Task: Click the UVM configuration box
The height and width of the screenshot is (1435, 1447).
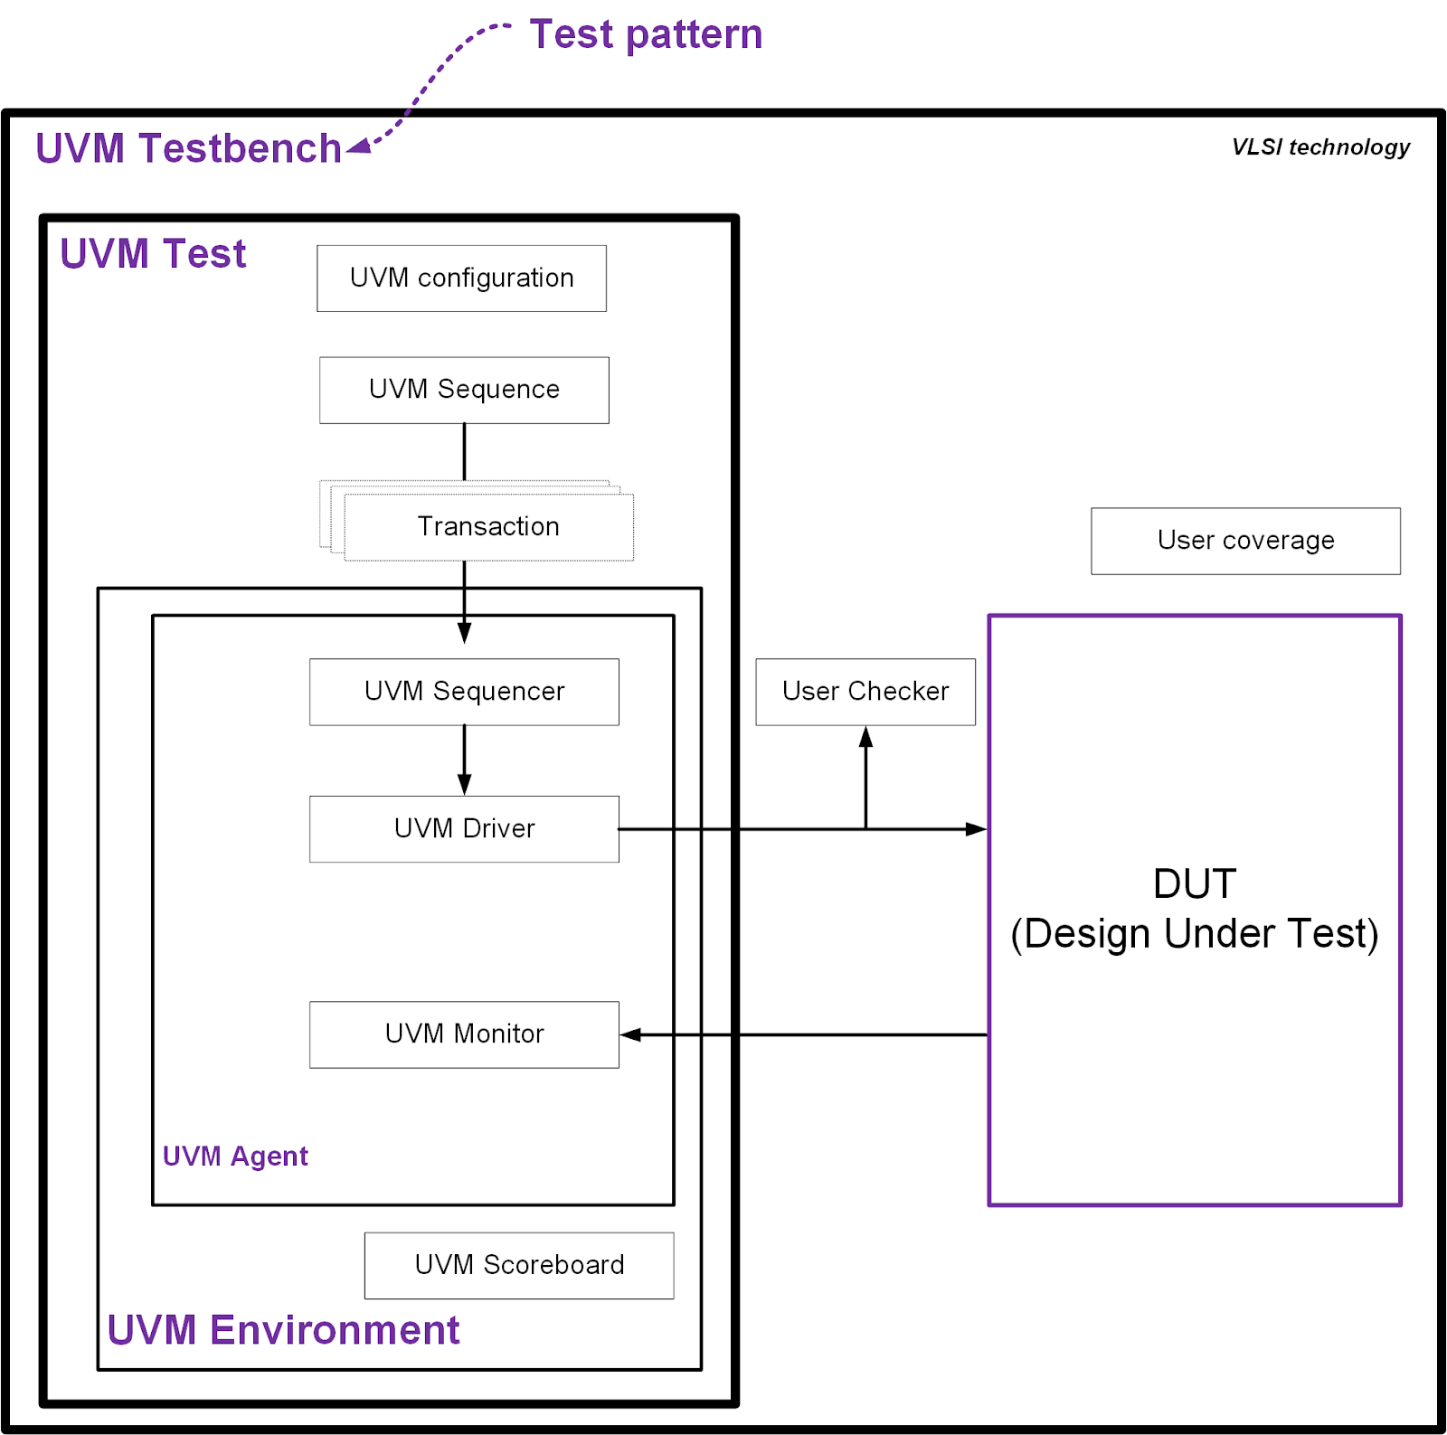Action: pyautogui.click(x=461, y=279)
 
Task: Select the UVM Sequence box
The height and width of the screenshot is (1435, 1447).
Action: pyautogui.click(x=464, y=390)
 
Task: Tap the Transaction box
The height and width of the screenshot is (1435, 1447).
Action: pyautogui.click(x=488, y=526)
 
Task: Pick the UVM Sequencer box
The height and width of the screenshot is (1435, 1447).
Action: pyautogui.click(x=464, y=692)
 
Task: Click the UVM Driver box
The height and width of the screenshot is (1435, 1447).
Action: pyautogui.click(x=464, y=829)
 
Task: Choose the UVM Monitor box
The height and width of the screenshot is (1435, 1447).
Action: pyautogui.click(x=464, y=1034)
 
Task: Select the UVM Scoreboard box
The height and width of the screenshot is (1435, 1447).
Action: pyautogui.click(x=519, y=1265)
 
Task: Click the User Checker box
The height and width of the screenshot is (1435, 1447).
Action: pyautogui.click(x=865, y=692)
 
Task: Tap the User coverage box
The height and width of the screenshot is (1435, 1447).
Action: pyautogui.click(x=1245, y=541)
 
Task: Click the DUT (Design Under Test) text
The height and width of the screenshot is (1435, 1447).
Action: pyautogui.click(x=1194, y=909)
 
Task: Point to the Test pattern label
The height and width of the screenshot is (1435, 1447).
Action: pyautogui.click(x=646, y=34)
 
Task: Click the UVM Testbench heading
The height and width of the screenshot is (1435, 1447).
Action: pyautogui.click(x=188, y=148)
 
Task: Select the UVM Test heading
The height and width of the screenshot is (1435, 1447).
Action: pyautogui.click(x=153, y=254)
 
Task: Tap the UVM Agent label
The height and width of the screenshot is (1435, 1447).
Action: pyautogui.click(x=235, y=1156)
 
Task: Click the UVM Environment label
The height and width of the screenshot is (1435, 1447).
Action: pyautogui.click(x=283, y=1330)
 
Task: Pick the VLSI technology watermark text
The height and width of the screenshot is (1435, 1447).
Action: pyautogui.click(x=1320, y=147)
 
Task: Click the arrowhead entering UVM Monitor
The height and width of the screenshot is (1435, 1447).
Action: pyautogui.click(x=631, y=1034)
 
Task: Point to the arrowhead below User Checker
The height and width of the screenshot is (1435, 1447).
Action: pyautogui.click(x=865, y=737)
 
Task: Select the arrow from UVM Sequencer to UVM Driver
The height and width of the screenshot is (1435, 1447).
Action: pyautogui.click(x=464, y=760)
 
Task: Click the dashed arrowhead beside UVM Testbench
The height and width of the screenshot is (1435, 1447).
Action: pyautogui.click(x=359, y=146)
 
